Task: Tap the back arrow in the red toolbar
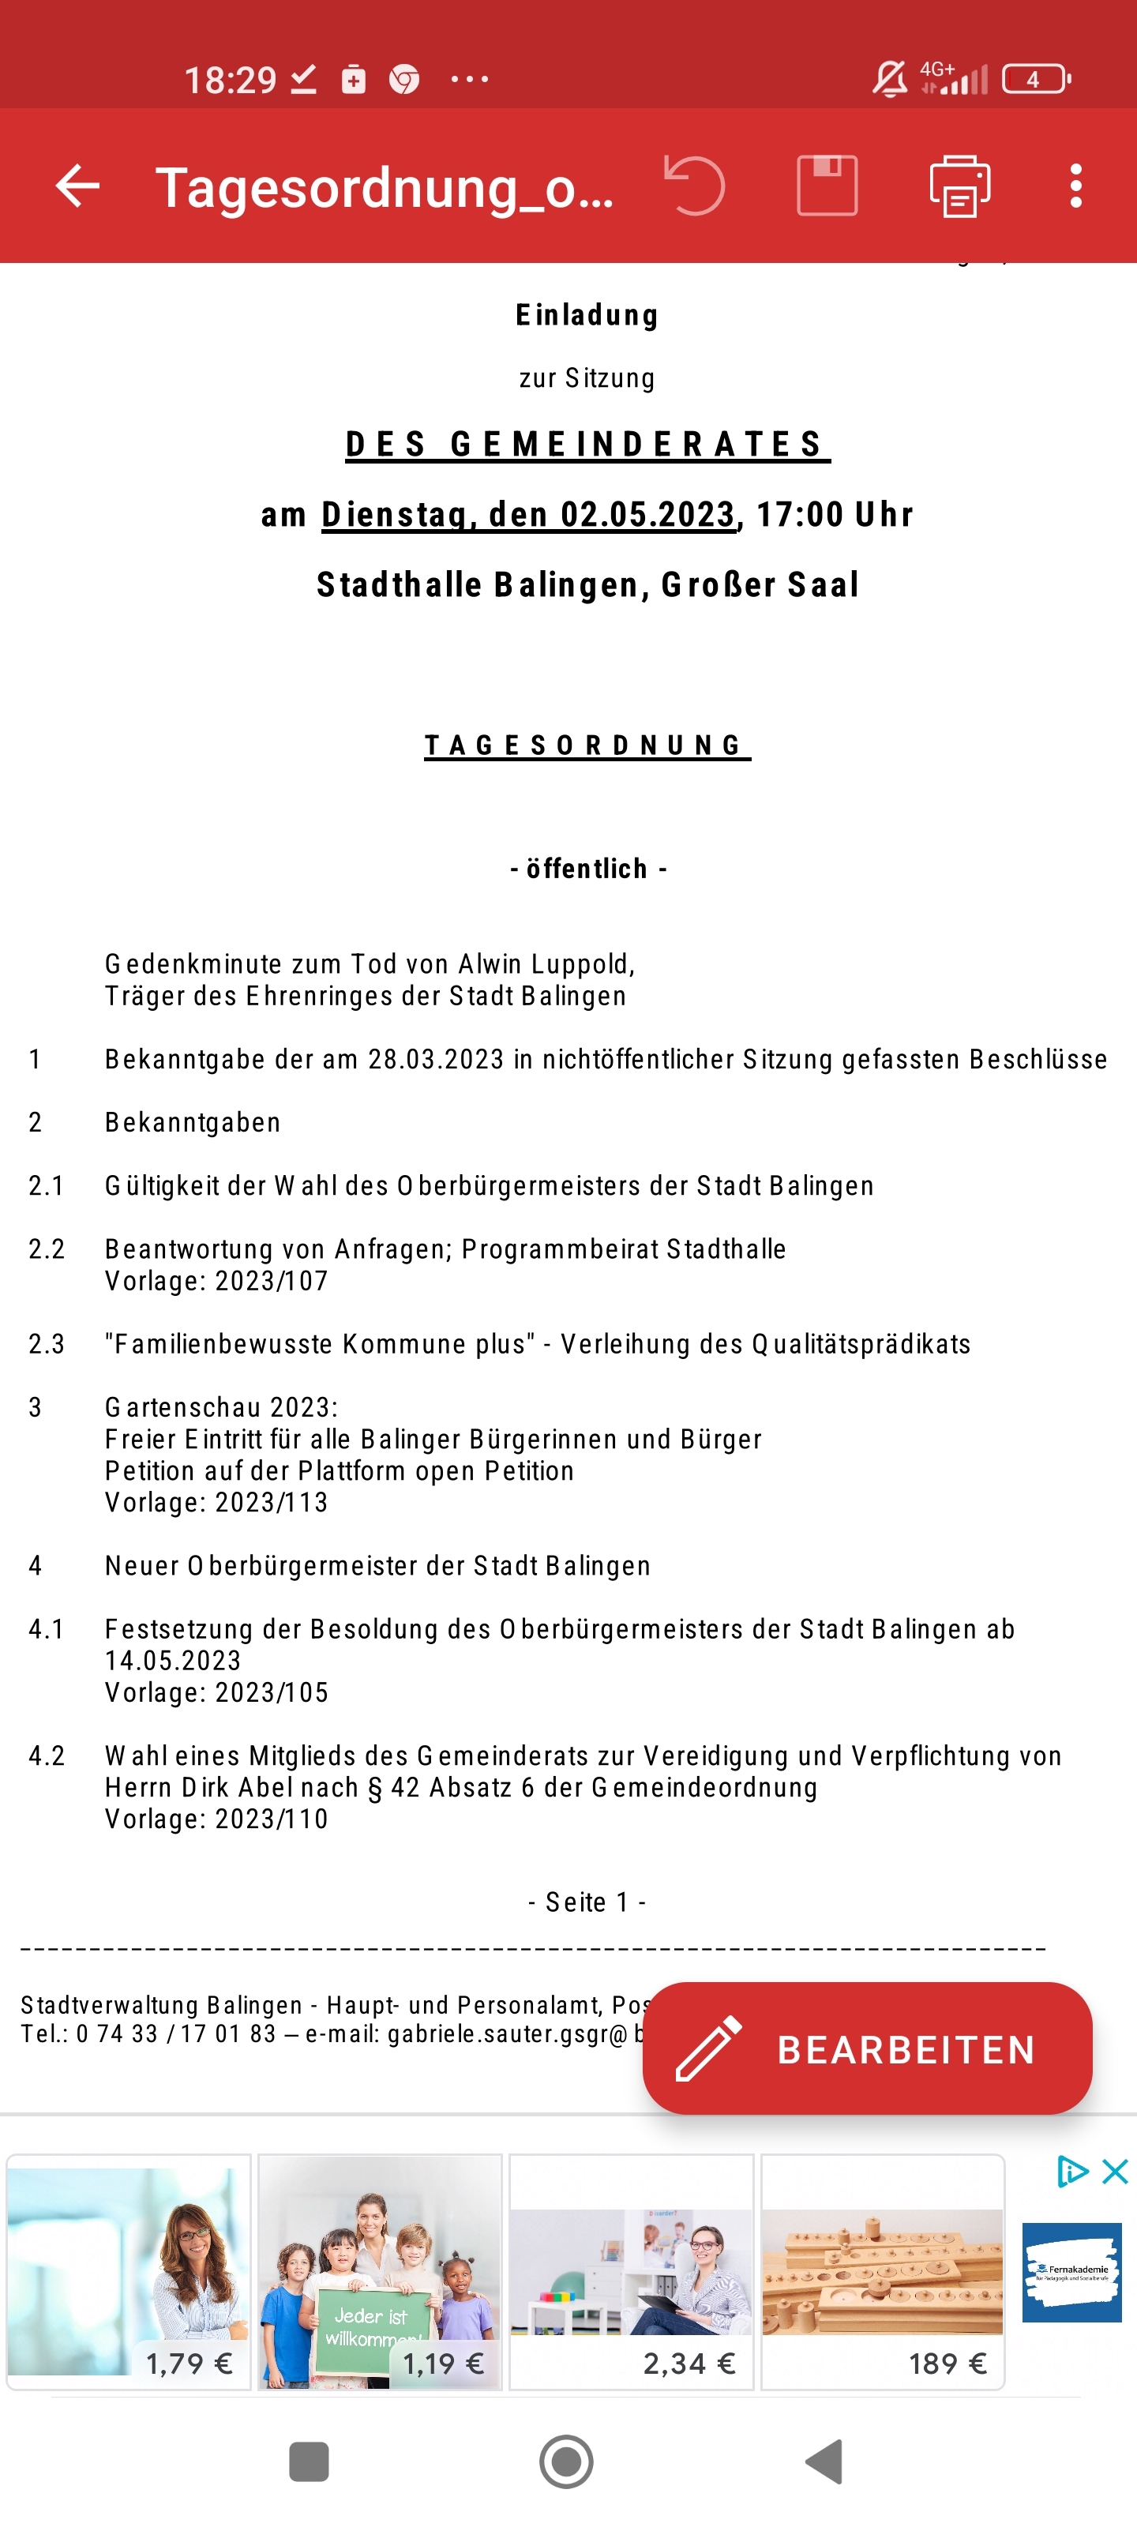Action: [x=77, y=186]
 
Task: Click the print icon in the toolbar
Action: [x=959, y=186]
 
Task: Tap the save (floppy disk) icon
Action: [x=827, y=185]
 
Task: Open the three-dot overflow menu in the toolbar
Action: [x=1076, y=186]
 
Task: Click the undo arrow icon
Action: [x=695, y=185]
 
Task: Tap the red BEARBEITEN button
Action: [x=867, y=2049]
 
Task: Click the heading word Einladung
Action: [x=587, y=315]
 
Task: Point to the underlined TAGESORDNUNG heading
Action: [x=587, y=745]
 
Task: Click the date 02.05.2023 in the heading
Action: [x=647, y=514]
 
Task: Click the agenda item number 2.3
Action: [x=46, y=1344]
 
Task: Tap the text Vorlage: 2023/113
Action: [x=216, y=1502]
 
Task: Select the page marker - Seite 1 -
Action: [x=587, y=1902]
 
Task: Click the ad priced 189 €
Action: [x=883, y=2272]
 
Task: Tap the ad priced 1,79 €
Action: [x=129, y=2272]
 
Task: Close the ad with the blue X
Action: [x=1114, y=2171]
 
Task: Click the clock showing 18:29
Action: [x=231, y=80]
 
